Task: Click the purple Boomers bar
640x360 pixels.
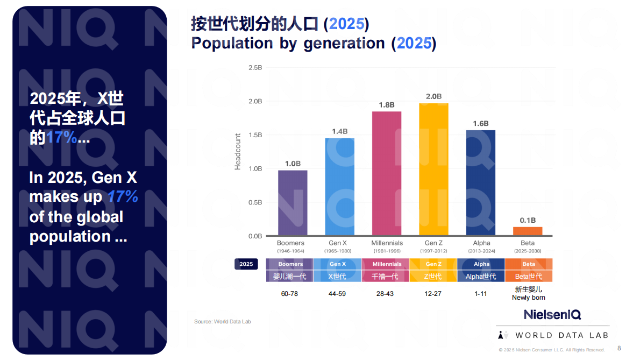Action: pyautogui.click(x=293, y=203)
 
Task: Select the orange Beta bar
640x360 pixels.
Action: pyautogui.click(x=528, y=231)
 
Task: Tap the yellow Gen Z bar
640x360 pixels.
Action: pyautogui.click(x=433, y=170)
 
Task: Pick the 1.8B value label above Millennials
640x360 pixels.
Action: pyautogui.click(x=387, y=105)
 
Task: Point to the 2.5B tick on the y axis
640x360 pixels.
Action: pyautogui.click(x=255, y=67)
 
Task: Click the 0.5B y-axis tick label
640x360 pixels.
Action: pyautogui.click(x=255, y=202)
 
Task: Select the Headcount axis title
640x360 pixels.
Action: pyautogui.click(x=238, y=152)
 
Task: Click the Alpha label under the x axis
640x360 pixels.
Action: pyautogui.click(x=481, y=243)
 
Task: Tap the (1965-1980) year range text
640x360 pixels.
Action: pyautogui.click(x=337, y=251)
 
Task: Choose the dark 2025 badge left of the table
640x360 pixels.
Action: pyautogui.click(x=246, y=264)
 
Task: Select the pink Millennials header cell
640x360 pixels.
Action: pyautogui.click(x=387, y=264)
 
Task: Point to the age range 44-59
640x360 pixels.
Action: pyautogui.click(x=337, y=294)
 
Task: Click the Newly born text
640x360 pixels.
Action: pyautogui.click(x=528, y=298)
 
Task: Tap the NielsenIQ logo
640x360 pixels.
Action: pyautogui.click(x=552, y=315)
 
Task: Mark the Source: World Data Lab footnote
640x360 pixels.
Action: pyautogui.click(x=223, y=322)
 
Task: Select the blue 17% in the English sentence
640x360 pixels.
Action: pyautogui.click(x=122, y=197)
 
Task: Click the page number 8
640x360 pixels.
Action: pyautogui.click(x=618, y=348)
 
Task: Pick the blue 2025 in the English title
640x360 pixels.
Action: pyautogui.click(x=414, y=43)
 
